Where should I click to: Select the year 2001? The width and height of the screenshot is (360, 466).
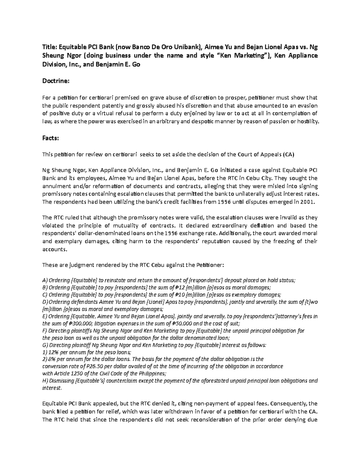(309, 202)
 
